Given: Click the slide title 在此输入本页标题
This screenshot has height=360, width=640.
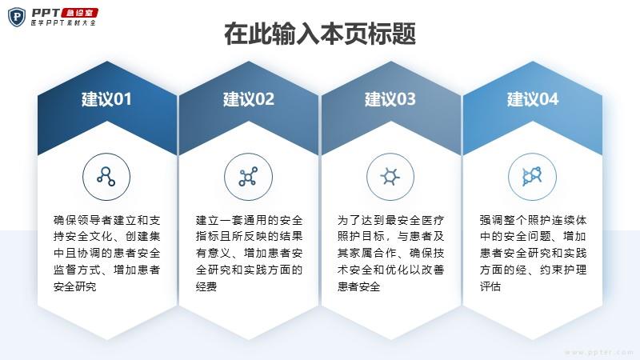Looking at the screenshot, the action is [320, 34].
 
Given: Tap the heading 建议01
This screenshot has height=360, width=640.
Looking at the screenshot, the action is [106, 99].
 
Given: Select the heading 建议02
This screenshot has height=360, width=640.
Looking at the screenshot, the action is [249, 99].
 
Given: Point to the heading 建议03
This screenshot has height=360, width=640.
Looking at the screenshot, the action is [390, 99].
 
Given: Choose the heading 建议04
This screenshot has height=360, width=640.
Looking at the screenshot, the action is [533, 99].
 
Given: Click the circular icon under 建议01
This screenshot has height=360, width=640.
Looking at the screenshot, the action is [106, 177].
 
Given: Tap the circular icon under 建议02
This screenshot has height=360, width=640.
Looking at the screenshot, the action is [248, 177].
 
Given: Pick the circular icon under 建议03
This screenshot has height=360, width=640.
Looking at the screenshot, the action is [390, 177].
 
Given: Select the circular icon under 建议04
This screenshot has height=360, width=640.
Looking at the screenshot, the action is [532, 177].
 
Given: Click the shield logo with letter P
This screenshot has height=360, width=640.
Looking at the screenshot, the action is [17, 17].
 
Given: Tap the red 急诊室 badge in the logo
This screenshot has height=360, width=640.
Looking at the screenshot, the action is [79, 13].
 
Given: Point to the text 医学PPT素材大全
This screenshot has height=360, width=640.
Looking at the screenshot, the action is [63, 23].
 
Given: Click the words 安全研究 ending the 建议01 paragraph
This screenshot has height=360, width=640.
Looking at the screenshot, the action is [74, 286].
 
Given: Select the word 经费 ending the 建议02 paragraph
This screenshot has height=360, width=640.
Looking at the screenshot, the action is [206, 286].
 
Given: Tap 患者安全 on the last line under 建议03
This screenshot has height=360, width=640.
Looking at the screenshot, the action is [358, 286].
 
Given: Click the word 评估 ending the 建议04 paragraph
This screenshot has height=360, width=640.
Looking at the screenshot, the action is [490, 286].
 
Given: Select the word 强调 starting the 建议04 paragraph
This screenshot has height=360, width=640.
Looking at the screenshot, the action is [491, 221].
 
